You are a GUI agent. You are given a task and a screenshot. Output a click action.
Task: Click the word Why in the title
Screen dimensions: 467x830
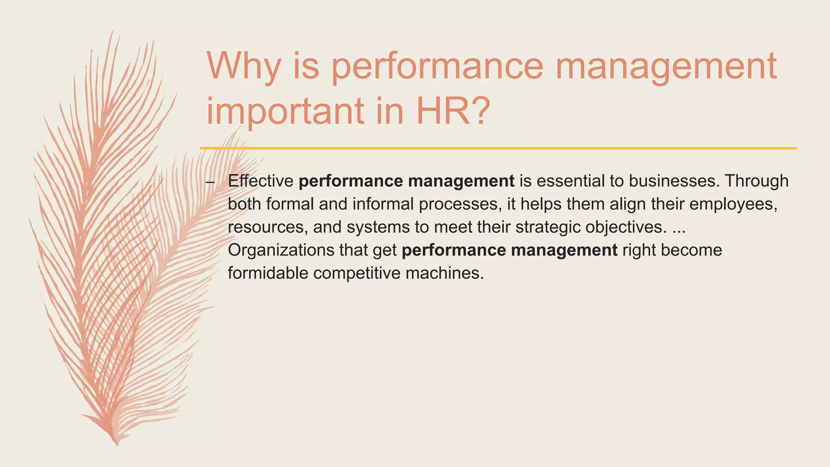tap(243, 66)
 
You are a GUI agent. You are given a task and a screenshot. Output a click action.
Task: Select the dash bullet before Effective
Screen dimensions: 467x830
tap(210, 182)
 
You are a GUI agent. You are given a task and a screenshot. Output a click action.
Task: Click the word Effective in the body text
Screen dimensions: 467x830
tap(261, 181)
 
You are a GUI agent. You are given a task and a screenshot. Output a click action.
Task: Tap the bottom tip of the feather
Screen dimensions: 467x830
tap(117, 444)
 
